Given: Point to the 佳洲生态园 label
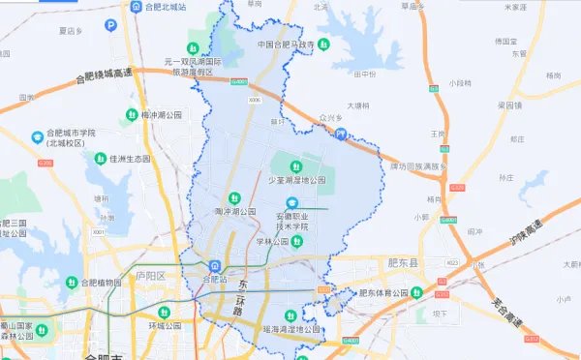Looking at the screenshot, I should tap(130, 158).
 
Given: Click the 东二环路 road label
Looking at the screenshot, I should tap(241, 296).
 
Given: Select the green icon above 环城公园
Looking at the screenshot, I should tap(166, 313).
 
